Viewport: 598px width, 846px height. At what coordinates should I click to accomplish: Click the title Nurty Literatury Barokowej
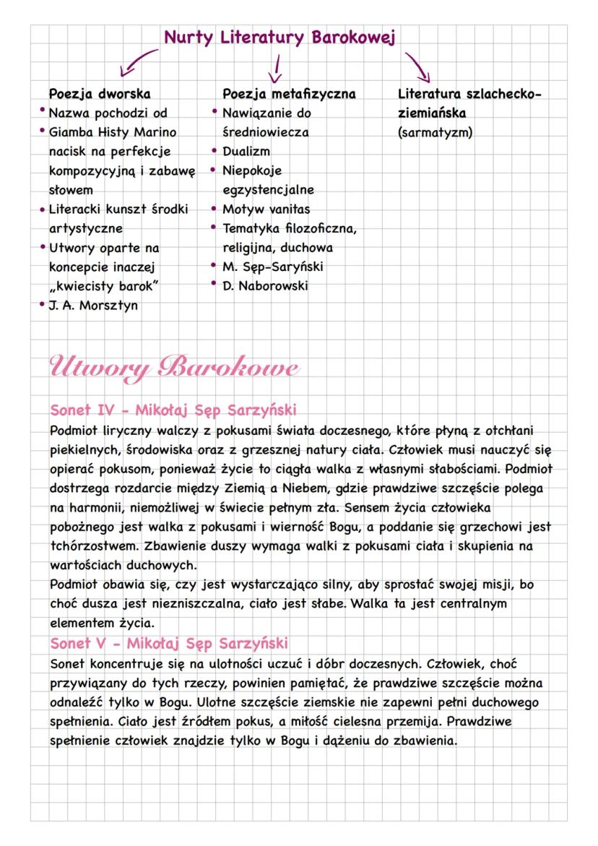pos(279,37)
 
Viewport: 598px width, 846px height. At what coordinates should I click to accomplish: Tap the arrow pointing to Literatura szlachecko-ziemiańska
pos(417,66)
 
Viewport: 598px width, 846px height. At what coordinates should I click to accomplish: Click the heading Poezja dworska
pos(99,94)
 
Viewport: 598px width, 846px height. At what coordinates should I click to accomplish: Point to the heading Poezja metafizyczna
pos(289,94)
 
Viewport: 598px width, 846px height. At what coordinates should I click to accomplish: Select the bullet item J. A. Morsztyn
pos(94,305)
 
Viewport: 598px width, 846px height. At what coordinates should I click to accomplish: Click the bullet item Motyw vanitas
pos(266,209)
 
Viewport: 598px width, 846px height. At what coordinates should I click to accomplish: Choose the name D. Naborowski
pos(264,285)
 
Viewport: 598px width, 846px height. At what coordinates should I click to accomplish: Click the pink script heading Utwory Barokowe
pos(173,366)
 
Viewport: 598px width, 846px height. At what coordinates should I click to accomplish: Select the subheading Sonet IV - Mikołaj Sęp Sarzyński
pos(173,410)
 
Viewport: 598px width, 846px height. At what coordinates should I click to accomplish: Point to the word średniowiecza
pos(266,133)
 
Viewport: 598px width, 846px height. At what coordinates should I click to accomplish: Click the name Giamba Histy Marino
pos(112,133)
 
